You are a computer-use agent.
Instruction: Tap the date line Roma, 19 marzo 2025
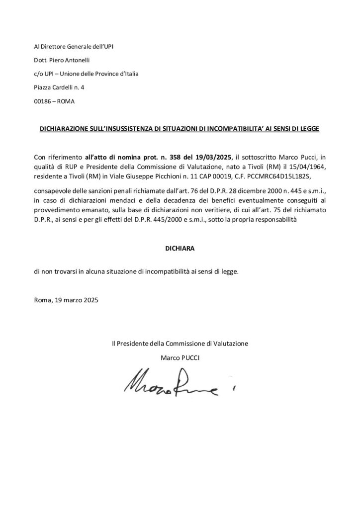point(66,301)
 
